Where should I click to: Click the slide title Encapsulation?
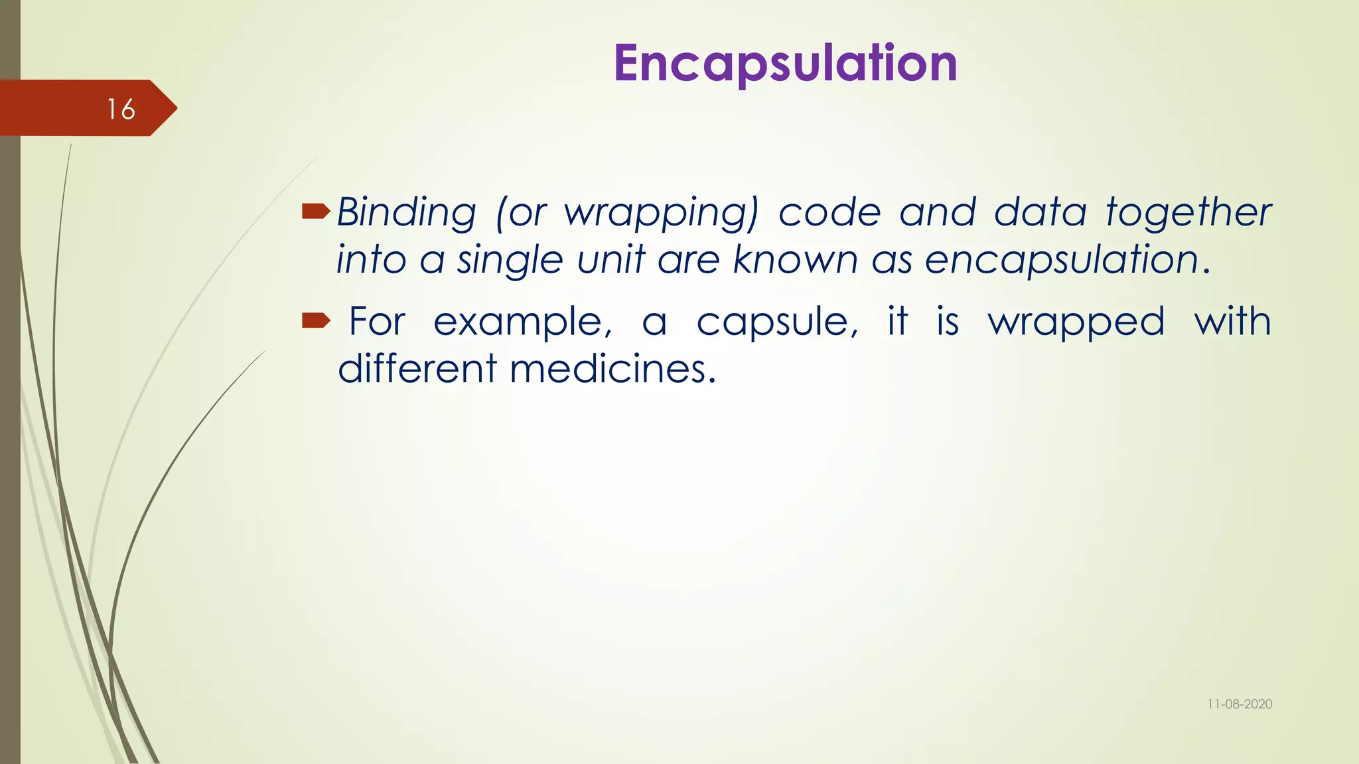point(785,63)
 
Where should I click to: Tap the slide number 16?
point(121,109)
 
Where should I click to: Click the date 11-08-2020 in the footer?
point(1239,704)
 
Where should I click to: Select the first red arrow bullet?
point(316,212)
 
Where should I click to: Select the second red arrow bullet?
point(316,322)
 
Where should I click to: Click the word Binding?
point(406,213)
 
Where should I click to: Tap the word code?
point(829,213)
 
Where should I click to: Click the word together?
point(1188,213)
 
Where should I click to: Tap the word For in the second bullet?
point(376,322)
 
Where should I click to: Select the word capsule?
point(777,323)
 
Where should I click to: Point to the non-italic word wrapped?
point(1076,323)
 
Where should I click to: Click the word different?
point(417,369)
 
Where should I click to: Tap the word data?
point(1040,213)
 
